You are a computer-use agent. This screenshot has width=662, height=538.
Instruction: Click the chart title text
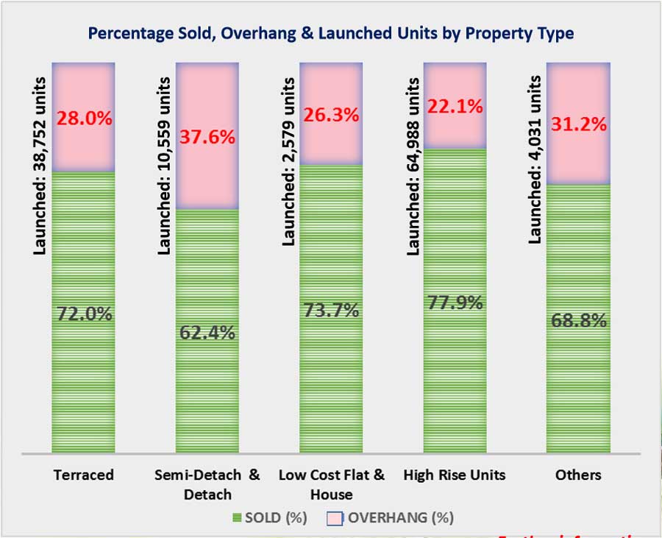coord(331,33)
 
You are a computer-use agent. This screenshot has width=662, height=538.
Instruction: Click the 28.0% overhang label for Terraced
coord(85,118)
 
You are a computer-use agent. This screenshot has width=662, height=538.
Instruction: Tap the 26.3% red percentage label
coord(332,115)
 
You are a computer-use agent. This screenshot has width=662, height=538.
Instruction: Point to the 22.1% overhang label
coord(456,105)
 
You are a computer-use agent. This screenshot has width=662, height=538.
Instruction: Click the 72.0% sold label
coord(85,314)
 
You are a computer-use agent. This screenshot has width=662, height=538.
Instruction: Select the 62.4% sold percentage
coord(207,333)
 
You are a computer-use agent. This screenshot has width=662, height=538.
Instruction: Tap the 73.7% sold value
coord(332,311)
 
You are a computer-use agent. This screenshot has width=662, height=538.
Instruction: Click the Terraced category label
coord(84,475)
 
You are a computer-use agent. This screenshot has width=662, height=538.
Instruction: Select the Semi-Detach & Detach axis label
coord(208,484)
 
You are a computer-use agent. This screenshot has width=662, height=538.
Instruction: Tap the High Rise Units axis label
coord(455,475)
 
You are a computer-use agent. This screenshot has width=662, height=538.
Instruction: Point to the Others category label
coord(579,475)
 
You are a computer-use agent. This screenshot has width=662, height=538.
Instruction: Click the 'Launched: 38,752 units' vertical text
coord(40,166)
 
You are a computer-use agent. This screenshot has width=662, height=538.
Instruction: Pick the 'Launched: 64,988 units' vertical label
coord(413,166)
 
